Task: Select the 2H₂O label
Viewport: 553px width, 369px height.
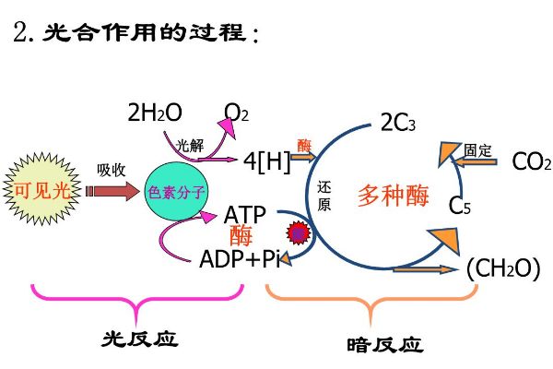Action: [x=155, y=113]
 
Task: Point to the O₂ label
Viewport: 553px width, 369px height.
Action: [x=237, y=113]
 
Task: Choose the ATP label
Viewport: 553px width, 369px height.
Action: [x=245, y=215]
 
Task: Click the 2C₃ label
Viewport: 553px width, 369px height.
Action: [x=398, y=123]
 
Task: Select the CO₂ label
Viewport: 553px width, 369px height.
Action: [x=531, y=162]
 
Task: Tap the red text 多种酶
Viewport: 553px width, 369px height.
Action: [x=394, y=195]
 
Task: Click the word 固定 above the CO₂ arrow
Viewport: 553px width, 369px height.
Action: [x=478, y=149]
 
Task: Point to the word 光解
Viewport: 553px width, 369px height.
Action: [x=190, y=145]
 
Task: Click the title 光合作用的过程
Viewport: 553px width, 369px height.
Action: [x=147, y=34]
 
